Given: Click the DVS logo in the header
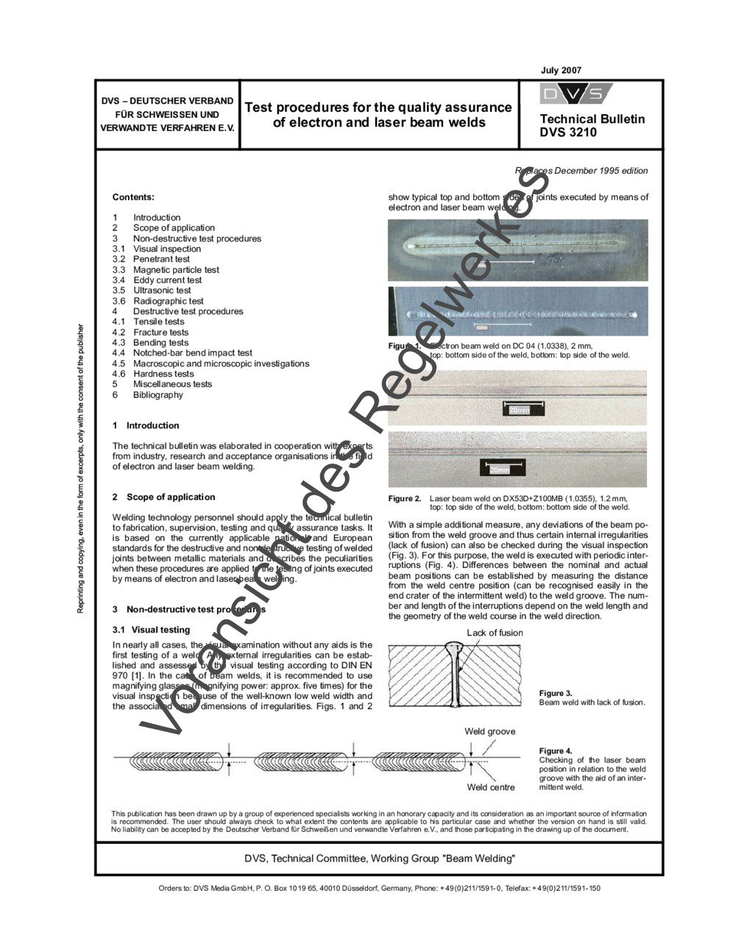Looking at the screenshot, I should pyautogui.click(x=576, y=94).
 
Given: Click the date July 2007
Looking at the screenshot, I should pyautogui.click(x=561, y=71).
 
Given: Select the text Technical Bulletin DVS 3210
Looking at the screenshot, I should pyautogui.click(x=592, y=126).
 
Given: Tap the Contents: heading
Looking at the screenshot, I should pyautogui.click(x=133, y=197).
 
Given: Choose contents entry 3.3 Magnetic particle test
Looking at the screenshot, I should pyautogui.click(x=166, y=270).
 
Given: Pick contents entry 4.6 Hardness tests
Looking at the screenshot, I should pyautogui.click(x=153, y=374).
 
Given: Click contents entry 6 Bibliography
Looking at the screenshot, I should pyautogui.click(x=147, y=395).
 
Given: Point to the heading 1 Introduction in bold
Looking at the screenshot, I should pyautogui.click(x=146, y=426).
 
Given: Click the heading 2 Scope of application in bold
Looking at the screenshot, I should pyautogui.click(x=163, y=497).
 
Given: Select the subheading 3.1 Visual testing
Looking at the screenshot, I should pyautogui.click(x=151, y=630).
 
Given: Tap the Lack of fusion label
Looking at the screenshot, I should pyautogui.click(x=495, y=633).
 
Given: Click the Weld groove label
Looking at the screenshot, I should pyautogui.click(x=489, y=731).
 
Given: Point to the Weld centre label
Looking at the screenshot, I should pyautogui.click(x=491, y=787).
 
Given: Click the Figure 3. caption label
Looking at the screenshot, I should pyautogui.click(x=556, y=693).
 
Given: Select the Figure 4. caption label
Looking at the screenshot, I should pyautogui.click(x=556, y=751).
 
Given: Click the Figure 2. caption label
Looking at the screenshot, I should pyautogui.click(x=405, y=499).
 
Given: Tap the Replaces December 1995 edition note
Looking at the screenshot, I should pyautogui.click(x=581, y=171).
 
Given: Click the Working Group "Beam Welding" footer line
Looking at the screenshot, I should pyautogui.click(x=379, y=859).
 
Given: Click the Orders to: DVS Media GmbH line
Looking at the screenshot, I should pyautogui.click(x=379, y=888).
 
